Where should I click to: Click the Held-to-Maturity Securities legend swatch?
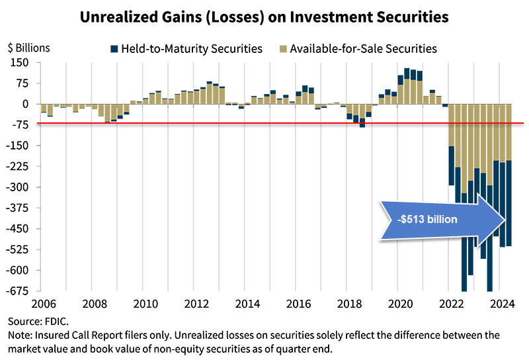[x=114, y=48]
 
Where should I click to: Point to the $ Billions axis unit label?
[x=28, y=48]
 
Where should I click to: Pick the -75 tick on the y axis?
[x=22, y=125]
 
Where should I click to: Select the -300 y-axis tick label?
[x=19, y=187]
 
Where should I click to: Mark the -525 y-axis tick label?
[x=19, y=249]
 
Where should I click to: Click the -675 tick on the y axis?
[x=19, y=291]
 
